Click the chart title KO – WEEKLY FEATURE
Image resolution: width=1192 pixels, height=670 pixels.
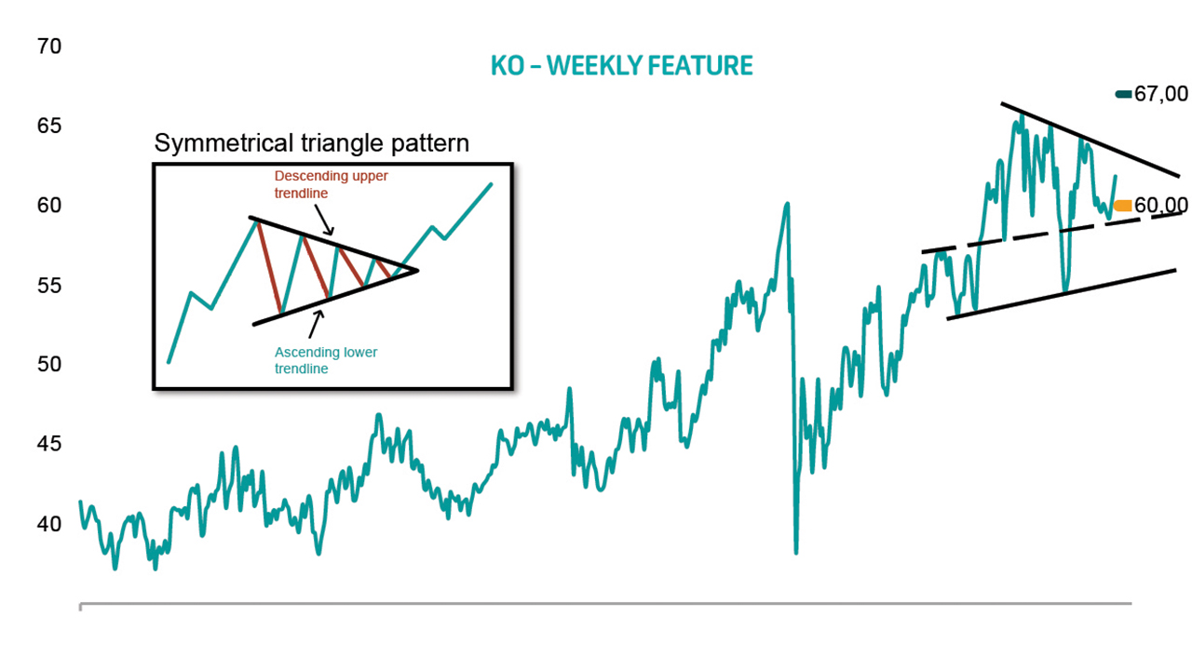[621, 66]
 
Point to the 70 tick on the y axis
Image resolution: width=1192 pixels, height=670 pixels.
[49, 47]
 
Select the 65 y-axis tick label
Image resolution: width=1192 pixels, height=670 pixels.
[49, 126]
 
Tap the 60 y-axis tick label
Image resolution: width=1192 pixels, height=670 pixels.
[49, 206]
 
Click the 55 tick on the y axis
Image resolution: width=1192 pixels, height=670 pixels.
[49, 286]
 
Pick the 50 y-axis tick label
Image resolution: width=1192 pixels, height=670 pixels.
[49, 364]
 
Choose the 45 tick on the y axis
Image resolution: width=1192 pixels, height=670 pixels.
[49, 444]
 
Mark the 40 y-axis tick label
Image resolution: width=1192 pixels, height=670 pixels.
[49, 524]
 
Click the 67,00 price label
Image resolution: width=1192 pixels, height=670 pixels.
[1161, 94]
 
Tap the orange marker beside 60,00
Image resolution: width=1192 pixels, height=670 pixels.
[1123, 206]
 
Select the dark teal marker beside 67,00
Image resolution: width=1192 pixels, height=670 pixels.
[1123, 95]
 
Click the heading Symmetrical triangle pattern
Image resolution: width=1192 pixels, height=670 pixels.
[312, 143]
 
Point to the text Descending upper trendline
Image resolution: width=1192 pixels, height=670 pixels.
[331, 184]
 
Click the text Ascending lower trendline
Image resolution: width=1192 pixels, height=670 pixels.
[326, 360]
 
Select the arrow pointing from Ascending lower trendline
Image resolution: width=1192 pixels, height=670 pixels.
[316, 324]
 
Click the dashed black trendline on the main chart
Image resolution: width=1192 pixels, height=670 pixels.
[1051, 233]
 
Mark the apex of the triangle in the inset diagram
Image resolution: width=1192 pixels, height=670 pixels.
[418, 271]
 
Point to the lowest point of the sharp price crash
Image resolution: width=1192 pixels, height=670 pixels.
[796, 553]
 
